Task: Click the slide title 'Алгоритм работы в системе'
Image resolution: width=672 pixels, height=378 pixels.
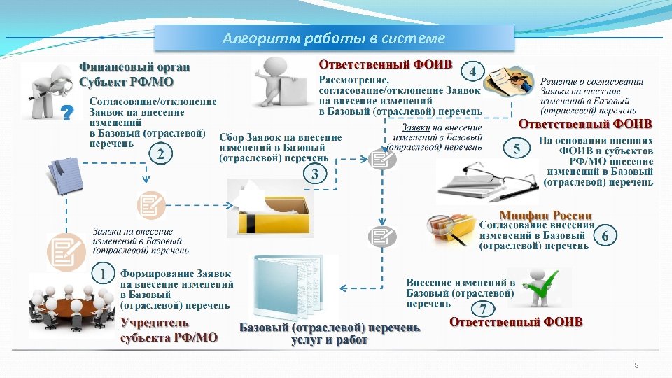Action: point(333,38)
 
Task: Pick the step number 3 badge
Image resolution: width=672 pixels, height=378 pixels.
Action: point(316,174)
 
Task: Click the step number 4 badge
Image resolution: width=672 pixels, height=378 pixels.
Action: point(474,72)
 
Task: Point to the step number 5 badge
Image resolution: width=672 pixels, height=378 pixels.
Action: point(517,148)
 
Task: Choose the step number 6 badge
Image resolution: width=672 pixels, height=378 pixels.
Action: point(605,237)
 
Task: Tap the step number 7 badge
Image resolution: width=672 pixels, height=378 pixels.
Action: point(483,309)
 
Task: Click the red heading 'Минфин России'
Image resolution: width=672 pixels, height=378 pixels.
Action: point(545,215)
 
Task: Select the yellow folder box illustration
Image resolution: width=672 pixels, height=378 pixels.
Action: point(270,208)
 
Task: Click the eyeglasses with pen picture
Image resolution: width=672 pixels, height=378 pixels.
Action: point(486,181)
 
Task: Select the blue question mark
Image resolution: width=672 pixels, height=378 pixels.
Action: point(67,113)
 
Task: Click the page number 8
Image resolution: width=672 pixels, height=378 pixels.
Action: point(636,365)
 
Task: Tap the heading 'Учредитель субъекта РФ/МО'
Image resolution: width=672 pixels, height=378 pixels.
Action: point(169,330)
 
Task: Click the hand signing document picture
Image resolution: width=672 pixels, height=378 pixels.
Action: point(510,83)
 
